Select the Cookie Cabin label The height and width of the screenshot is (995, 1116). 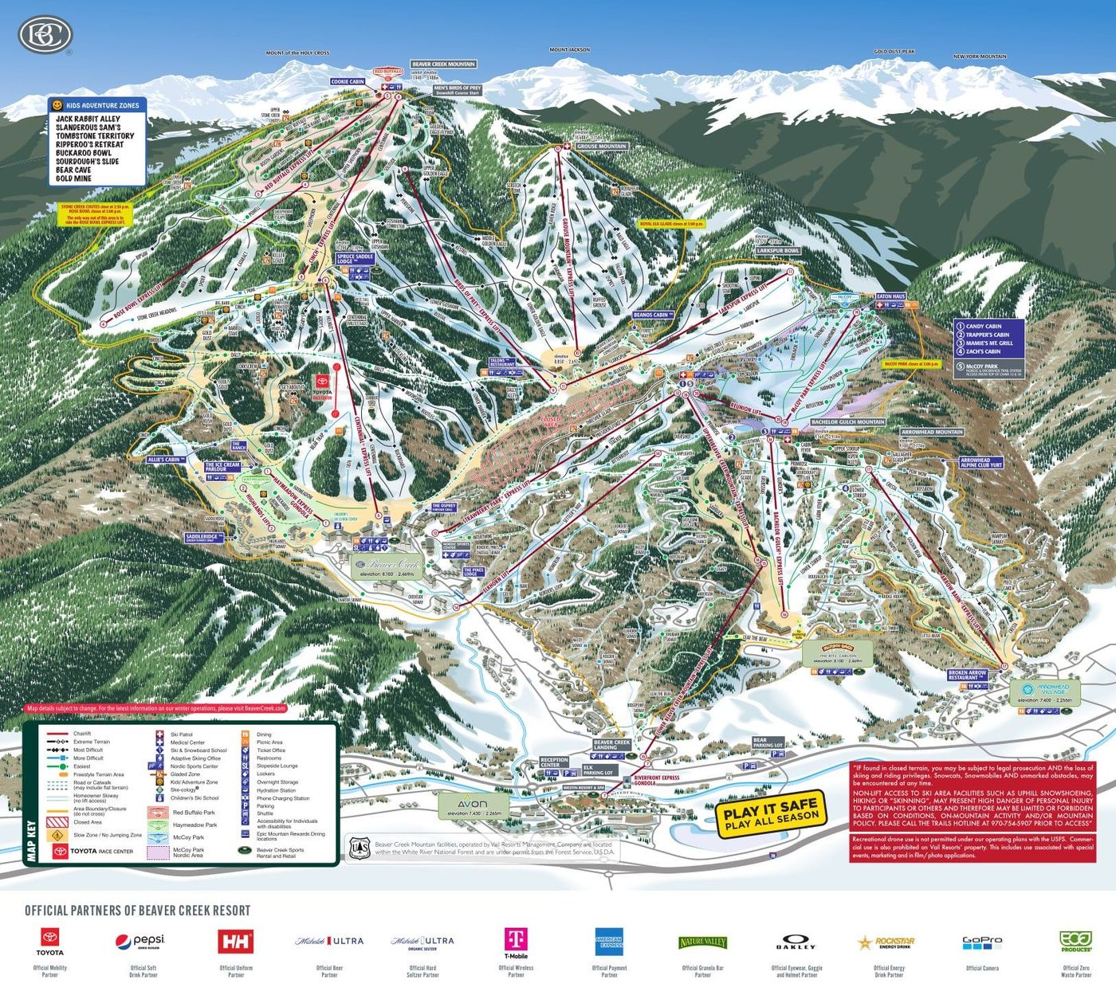coord(348,82)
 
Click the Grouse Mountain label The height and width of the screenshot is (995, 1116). coord(601,147)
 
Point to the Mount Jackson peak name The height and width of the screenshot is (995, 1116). coord(569,50)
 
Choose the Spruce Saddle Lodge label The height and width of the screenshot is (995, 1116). coord(355,259)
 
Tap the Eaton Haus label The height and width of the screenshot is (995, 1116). coord(890,296)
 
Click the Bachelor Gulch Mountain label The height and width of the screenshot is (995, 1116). coord(847,422)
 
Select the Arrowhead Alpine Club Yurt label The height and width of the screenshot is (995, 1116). coord(980,463)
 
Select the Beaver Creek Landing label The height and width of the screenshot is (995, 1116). coord(611,745)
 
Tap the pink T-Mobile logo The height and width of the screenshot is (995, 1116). coord(516,942)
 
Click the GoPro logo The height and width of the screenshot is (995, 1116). coord(981,942)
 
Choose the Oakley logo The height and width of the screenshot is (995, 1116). coord(796,942)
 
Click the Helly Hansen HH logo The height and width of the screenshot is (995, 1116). coord(236,941)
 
